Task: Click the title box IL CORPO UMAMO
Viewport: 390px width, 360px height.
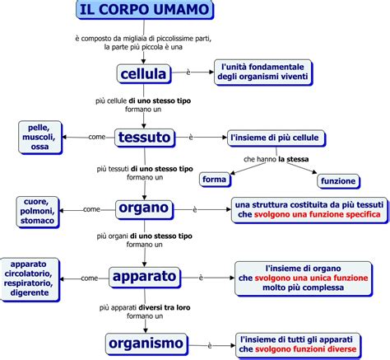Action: coord(144,11)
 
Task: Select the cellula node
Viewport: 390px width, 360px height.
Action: coord(143,75)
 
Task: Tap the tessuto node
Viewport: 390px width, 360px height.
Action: coord(144,137)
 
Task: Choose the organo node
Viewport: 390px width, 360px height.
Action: coord(143,208)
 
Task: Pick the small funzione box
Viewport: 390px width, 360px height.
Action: coord(338,180)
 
